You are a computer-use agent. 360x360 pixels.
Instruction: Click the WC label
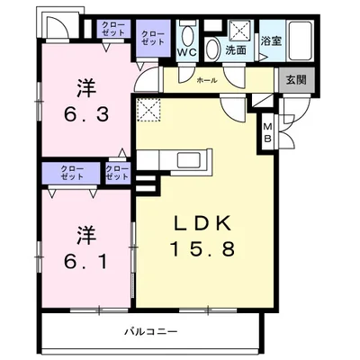(x=186, y=52)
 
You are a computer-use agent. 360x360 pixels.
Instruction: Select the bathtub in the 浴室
(x=300, y=40)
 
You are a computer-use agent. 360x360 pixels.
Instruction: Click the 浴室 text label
(x=271, y=40)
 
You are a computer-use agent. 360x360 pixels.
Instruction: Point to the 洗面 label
(x=236, y=50)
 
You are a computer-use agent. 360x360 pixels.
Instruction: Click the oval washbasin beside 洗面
(x=213, y=49)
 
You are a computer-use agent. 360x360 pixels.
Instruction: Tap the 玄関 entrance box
(x=296, y=80)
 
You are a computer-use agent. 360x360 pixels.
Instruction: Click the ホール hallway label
(x=207, y=80)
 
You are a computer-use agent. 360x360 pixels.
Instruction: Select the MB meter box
(x=267, y=132)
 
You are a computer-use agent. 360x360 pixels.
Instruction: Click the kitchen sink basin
(x=189, y=160)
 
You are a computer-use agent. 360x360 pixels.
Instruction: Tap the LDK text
(x=202, y=223)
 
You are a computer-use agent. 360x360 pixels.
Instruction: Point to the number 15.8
(x=202, y=248)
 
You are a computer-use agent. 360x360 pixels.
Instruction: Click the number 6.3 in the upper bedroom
(x=86, y=114)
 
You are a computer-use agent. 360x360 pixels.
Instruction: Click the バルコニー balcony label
(x=151, y=332)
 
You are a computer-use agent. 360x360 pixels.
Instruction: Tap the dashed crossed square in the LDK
(x=148, y=110)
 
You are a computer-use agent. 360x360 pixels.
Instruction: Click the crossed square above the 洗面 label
(x=239, y=31)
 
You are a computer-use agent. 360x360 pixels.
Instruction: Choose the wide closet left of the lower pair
(x=71, y=173)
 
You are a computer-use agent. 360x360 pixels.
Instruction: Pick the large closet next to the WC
(x=153, y=38)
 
